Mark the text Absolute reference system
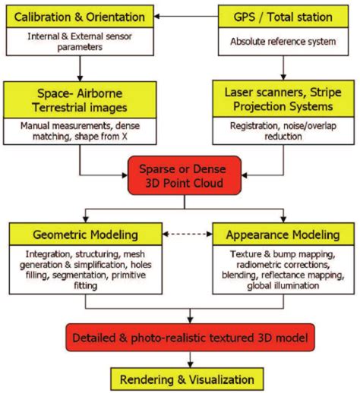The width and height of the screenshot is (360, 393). coord(283,41)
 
